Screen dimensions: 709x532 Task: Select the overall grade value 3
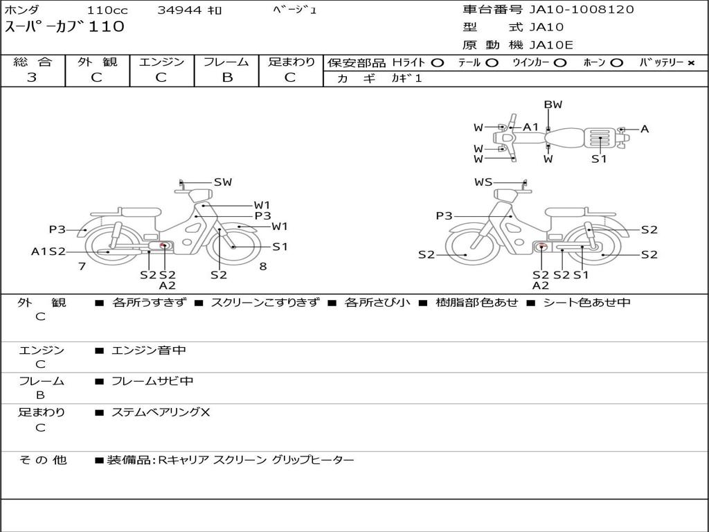pos(32,78)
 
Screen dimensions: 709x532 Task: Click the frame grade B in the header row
pos(227,78)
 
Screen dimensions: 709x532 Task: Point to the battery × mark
pos(691,63)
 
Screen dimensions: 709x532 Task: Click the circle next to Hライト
pos(438,63)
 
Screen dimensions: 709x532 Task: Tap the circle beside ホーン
pos(616,63)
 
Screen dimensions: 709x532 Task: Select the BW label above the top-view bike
pos(553,105)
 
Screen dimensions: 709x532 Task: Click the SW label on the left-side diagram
pos(222,182)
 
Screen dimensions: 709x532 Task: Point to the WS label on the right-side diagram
pos(483,182)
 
